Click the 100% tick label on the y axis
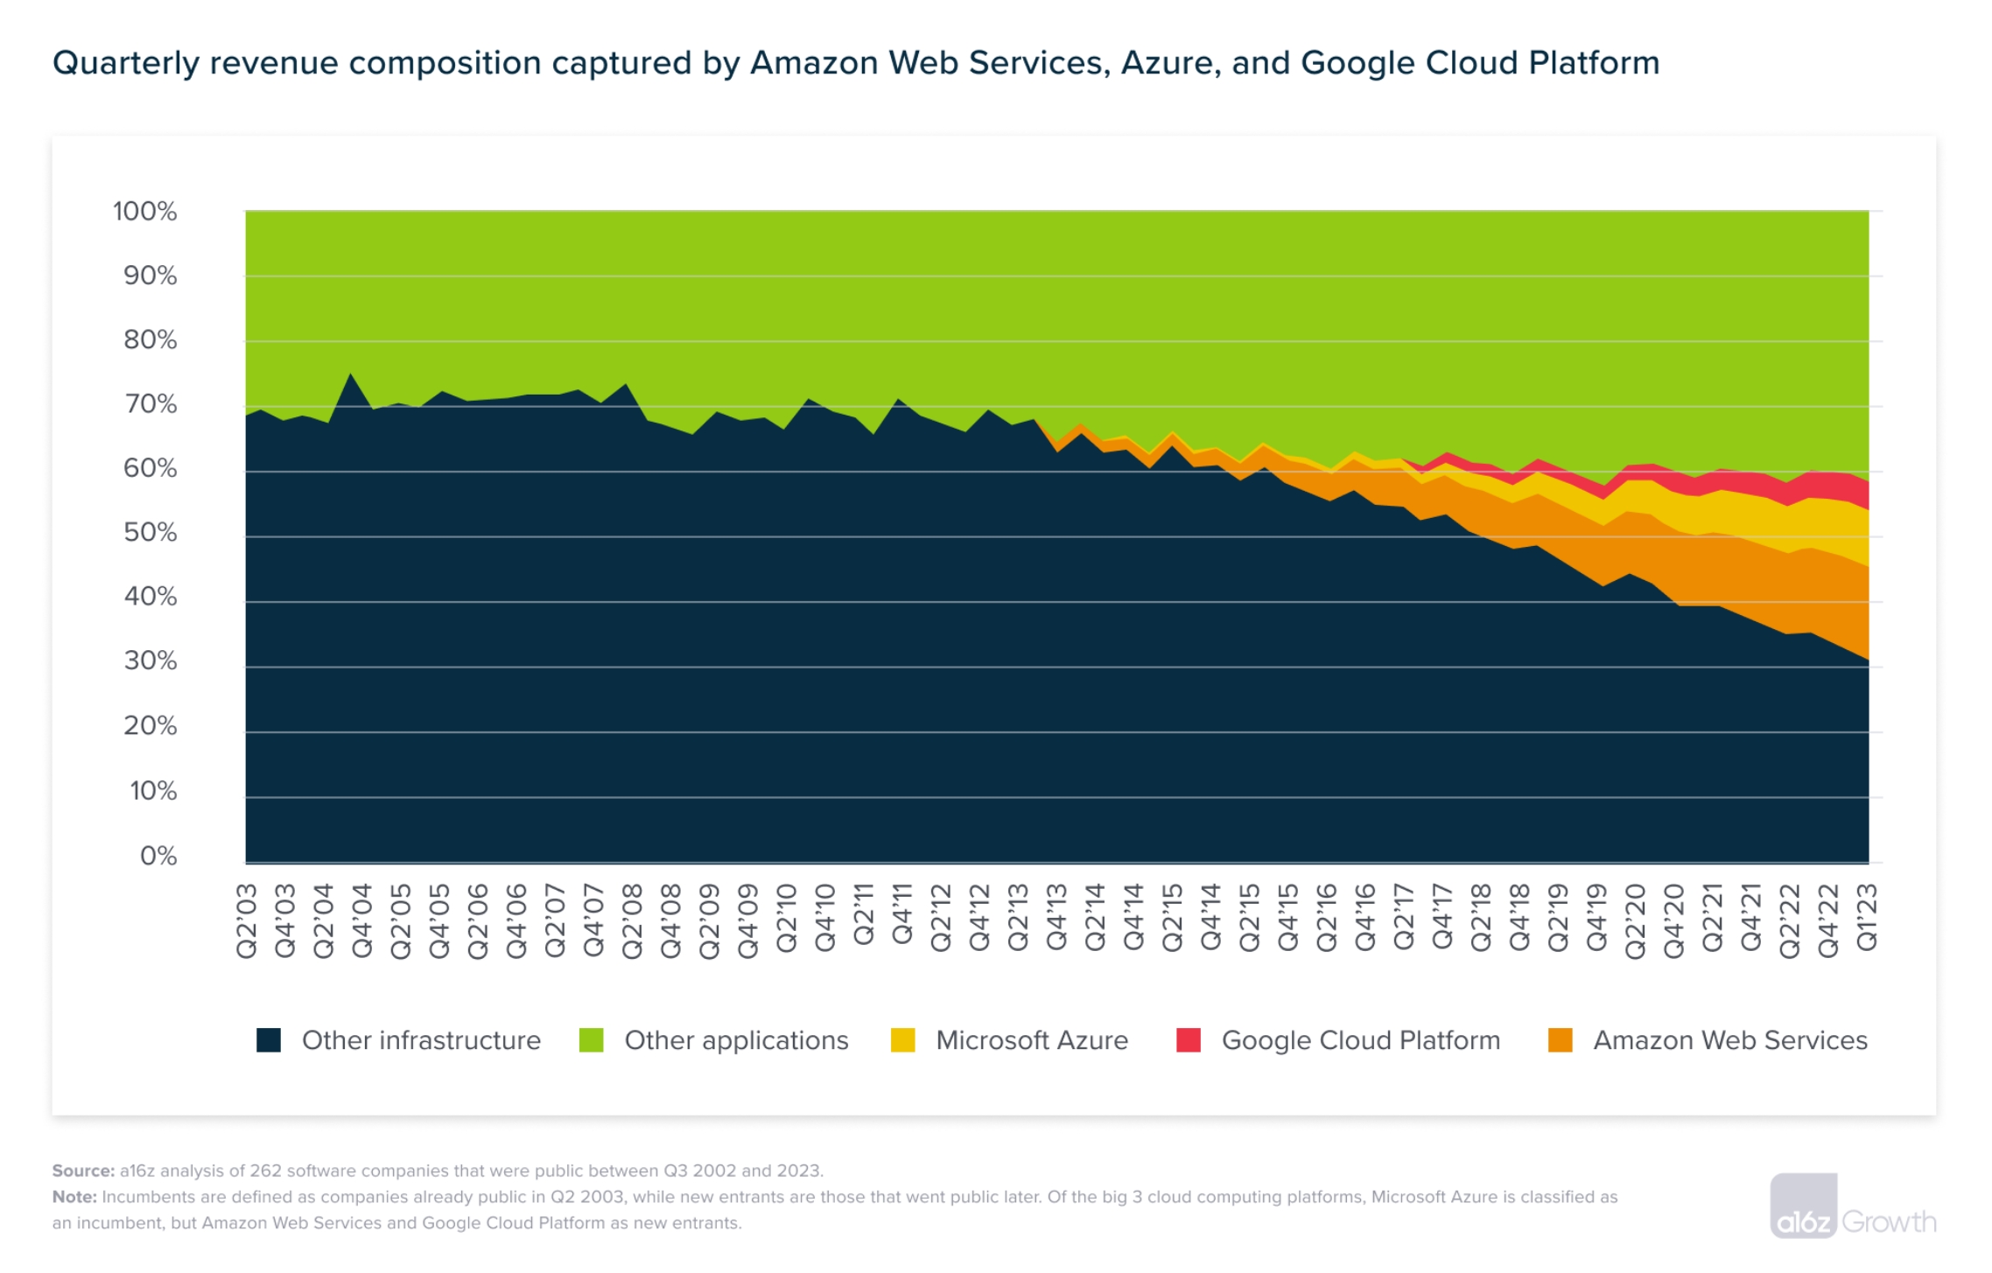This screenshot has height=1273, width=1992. (x=145, y=211)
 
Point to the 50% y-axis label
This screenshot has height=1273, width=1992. (x=150, y=532)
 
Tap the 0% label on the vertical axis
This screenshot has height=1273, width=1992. (x=158, y=855)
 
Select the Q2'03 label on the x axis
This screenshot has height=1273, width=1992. (x=247, y=920)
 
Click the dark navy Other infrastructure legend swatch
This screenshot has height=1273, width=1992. (x=269, y=1040)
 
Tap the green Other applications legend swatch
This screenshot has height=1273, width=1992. (x=592, y=1040)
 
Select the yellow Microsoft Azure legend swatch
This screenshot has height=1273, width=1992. (x=902, y=1040)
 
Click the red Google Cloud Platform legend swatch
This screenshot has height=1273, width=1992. (x=1189, y=1040)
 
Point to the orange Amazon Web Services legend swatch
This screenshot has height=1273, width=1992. (x=1560, y=1040)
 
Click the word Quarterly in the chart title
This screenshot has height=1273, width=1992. (x=126, y=63)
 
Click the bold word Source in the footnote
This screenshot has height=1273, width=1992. (x=82, y=1171)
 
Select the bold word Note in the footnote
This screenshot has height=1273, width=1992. (x=74, y=1197)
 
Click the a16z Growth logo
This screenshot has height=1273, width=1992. (x=1853, y=1207)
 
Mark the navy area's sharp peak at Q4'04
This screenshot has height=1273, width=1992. (x=351, y=374)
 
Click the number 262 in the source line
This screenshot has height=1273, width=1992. (x=266, y=1171)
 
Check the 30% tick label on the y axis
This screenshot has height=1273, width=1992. (x=150, y=661)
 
